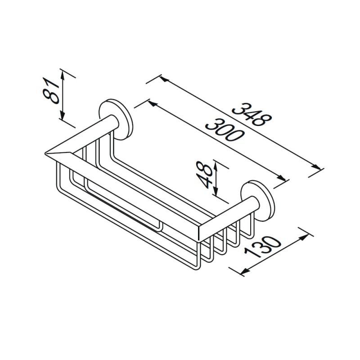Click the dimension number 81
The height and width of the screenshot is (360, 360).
pos(51,91)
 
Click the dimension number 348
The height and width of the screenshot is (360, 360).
pos(252,114)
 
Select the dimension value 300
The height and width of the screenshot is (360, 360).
pos(224,129)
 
